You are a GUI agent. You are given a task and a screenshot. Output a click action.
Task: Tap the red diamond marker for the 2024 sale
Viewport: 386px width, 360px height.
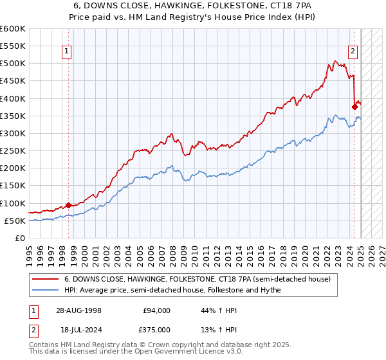[354, 107]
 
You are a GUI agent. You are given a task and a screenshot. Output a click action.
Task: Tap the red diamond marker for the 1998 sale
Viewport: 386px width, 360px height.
[68, 206]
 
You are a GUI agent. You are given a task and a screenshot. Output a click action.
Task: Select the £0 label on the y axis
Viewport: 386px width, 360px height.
[19, 238]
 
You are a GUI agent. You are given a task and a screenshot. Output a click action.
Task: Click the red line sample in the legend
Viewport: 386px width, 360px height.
[45, 279]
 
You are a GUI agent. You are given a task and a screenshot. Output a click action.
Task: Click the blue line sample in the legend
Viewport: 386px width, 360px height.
[45, 290]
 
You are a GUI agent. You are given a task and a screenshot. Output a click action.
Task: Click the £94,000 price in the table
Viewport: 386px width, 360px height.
[156, 310]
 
